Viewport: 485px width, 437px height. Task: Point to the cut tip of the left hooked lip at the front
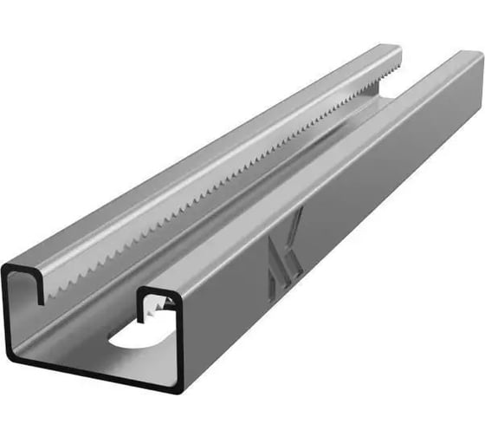[41, 301]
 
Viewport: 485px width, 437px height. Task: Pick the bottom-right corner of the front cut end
[178, 388]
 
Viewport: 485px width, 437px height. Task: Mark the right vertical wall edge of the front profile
[182, 342]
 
